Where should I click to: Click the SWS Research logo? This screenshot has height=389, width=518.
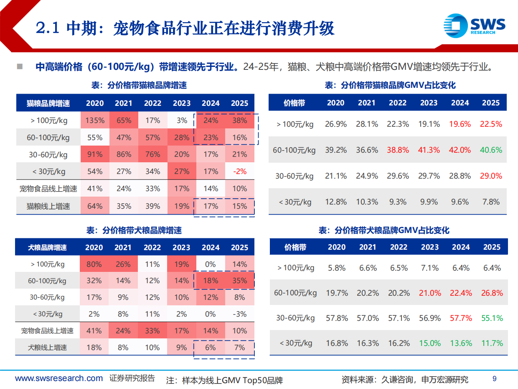[474, 25]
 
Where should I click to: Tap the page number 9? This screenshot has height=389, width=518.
[495, 379]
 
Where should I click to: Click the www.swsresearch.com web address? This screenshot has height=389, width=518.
[59, 379]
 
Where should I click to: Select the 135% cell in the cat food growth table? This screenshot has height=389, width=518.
[95, 120]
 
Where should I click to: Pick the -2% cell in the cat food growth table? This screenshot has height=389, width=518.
[239, 171]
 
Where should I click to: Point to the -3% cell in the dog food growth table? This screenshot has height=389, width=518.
[239, 314]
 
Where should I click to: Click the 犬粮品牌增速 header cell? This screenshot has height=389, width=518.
[47, 248]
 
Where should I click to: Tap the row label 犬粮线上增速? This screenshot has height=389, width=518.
[47, 348]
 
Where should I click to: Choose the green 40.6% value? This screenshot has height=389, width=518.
[491, 150]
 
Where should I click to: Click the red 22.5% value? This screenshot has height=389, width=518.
[491, 124]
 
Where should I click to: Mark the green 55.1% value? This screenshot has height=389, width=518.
[492, 318]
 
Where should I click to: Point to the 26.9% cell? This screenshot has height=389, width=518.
[336, 124]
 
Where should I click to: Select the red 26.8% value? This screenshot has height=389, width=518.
[492, 293]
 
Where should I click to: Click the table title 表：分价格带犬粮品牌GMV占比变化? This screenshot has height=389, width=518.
[384, 230]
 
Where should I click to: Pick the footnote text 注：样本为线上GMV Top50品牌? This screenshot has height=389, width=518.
[224, 381]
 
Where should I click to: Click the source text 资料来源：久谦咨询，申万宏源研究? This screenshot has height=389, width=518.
[404, 380]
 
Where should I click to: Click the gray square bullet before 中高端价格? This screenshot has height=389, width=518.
[20, 67]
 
